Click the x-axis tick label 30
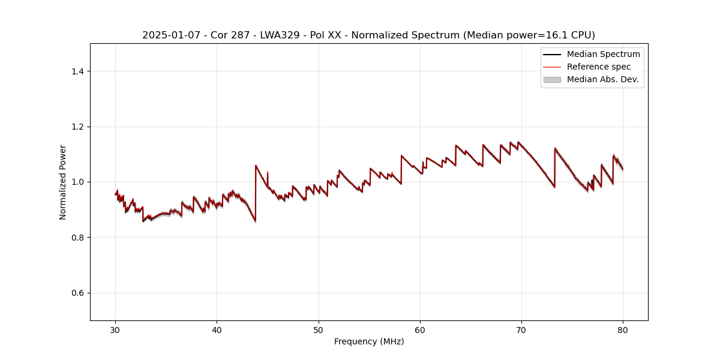[x=115, y=329]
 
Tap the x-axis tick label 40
[x=217, y=329]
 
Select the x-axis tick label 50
[x=319, y=329]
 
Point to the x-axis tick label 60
[x=420, y=329]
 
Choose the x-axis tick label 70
[x=521, y=329]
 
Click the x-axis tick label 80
[x=623, y=329]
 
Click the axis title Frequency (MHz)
[x=369, y=341]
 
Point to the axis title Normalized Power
[x=63, y=182]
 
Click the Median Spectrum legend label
[x=603, y=54]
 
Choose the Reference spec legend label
[x=599, y=67]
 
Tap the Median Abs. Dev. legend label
[x=602, y=79]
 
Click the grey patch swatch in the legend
[x=551, y=79]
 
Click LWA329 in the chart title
[x=280, y=35]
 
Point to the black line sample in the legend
[x=551, y=54]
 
